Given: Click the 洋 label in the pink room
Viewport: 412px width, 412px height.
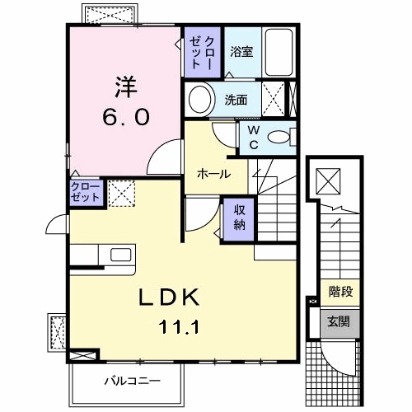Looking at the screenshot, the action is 126,87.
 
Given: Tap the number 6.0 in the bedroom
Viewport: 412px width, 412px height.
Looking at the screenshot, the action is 126,117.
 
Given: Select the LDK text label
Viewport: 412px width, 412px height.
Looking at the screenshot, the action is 168,297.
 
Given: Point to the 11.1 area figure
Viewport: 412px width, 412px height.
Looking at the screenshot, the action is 179,327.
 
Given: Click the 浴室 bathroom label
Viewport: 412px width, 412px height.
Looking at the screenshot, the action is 241,52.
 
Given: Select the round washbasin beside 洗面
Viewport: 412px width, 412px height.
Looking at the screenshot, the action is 200,100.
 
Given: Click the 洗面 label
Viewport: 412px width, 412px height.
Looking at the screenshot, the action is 236,100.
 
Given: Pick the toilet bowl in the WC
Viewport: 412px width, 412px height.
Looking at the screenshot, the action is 279,137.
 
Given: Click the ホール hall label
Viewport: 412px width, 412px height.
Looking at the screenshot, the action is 214,174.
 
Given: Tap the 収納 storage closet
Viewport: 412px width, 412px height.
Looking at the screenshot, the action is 239,218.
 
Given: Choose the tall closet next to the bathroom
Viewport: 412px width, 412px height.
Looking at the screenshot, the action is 202,52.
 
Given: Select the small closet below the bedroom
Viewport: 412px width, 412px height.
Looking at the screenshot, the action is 87,193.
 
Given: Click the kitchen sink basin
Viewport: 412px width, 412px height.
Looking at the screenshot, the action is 121,255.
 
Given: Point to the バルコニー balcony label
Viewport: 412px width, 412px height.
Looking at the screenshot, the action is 132,381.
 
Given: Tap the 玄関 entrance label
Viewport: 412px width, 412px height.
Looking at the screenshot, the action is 339,321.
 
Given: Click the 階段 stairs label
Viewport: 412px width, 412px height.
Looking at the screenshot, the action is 341,292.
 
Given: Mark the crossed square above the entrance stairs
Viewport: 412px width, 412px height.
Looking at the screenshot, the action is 328,181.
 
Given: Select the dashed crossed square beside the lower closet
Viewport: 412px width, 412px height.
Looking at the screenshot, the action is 122,193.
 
